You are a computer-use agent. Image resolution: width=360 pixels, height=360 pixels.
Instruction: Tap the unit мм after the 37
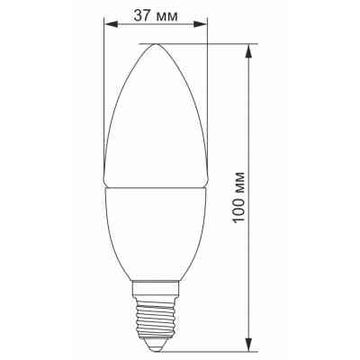coord(166,14)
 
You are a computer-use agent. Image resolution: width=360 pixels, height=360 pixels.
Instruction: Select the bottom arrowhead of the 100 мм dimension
coord(247,343)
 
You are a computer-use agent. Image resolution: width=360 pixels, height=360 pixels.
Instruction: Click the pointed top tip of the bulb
coord(157,44)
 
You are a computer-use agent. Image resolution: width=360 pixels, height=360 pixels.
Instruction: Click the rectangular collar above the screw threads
coord(157,290)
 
